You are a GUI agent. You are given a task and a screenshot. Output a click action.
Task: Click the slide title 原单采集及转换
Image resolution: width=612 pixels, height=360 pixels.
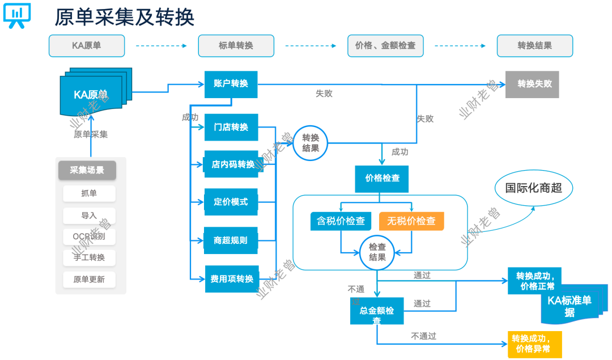point(125,17)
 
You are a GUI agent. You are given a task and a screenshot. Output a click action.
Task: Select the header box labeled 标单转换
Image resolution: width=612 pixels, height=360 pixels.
point(236,45)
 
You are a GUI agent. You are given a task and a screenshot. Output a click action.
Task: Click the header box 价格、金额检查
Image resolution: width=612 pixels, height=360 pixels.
point(385,45)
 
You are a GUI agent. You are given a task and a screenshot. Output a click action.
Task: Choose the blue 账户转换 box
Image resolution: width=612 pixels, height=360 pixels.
point(231,84)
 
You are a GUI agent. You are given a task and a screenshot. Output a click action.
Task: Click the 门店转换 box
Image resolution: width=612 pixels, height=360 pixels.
point(231,127)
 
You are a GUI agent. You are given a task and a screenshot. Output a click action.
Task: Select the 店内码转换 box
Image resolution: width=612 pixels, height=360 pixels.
point(231,164)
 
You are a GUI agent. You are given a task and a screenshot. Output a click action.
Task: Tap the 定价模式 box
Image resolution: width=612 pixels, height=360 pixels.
point(231,202)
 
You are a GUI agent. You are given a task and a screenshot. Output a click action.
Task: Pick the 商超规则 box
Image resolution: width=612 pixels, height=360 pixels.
point(231,240)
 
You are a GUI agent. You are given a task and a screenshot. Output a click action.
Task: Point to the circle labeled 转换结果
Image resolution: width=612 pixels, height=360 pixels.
point(311,143)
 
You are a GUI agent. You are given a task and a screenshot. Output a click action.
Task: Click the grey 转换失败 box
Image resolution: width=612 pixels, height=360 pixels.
point(532,84)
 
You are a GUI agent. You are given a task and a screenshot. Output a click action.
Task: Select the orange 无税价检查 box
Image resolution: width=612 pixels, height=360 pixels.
point(411,221)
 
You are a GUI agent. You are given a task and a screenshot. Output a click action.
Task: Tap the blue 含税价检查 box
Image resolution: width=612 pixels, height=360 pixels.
point(341,221)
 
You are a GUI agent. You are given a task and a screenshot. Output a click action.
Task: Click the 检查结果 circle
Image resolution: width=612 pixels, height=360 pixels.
point(377,252)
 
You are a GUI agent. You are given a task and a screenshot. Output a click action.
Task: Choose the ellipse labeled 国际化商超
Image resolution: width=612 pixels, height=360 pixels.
point(533,188)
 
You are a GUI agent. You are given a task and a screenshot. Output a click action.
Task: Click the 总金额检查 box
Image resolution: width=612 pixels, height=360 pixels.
point(377,311)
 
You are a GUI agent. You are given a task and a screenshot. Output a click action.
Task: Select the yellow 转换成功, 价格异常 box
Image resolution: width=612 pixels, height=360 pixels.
point(535,344)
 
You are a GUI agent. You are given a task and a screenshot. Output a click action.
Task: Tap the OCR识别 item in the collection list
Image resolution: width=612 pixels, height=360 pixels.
point(90,236)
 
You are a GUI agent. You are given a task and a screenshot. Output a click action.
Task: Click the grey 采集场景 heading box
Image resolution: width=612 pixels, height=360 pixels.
point(87,170)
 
